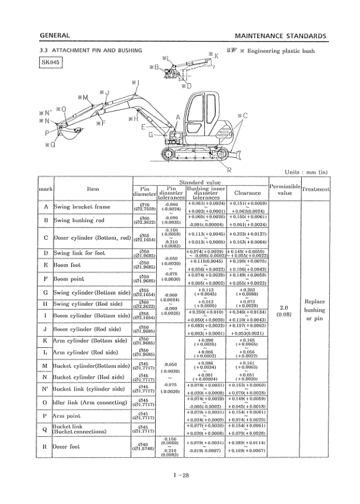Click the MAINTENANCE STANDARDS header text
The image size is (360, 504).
280,35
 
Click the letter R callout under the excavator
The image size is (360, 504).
230,170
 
